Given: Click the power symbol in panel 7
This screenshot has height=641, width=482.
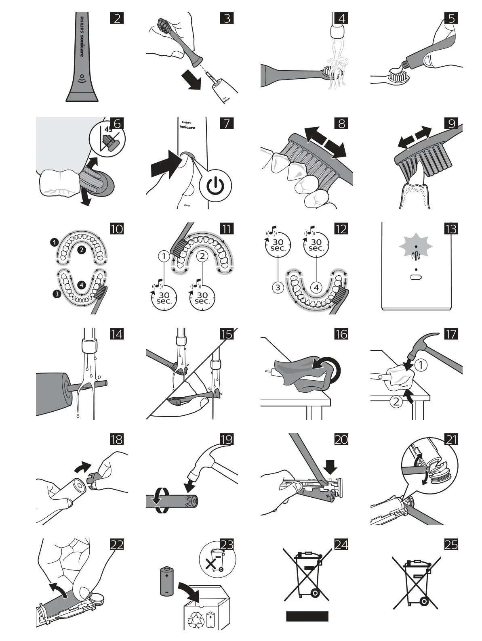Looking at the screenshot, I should pos(219,186).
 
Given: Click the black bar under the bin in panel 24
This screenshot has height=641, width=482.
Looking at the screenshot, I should pos(307,616).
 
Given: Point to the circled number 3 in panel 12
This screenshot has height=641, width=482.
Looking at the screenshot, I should pos(278,288).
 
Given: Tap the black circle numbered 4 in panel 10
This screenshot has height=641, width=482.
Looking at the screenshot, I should pos(82,285).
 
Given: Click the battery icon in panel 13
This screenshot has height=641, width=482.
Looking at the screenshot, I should pos(416,277).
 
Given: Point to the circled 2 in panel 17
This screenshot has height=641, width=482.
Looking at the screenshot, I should pos(396,402).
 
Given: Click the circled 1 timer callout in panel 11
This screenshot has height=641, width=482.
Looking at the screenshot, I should pos(164,256).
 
